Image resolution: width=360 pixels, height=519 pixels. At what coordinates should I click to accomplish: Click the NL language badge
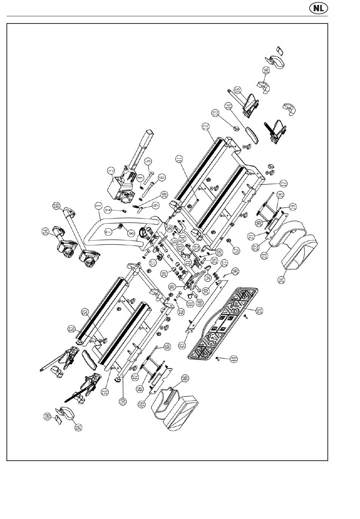pyautogui.click(x=318, y=8)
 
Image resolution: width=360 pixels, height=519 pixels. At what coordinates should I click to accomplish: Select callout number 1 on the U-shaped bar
pyautogui.click(x=98, y=206)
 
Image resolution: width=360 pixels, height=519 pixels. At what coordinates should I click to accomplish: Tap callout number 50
pyautogui.click(x=123, y=400)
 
